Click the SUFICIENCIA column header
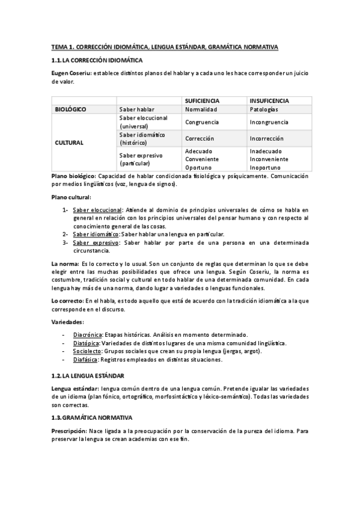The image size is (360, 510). [201, 100]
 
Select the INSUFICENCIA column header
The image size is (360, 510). [269, 100]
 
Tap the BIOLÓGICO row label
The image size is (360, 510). [70, 109]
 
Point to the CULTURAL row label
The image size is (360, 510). [69, 143]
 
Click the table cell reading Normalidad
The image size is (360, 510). [201, 109]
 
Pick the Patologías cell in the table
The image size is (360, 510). [264, 109]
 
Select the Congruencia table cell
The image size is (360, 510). [202, 121]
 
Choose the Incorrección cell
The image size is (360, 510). [267, 138]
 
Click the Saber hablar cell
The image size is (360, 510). [136, 109]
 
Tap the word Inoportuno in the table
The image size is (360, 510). [267, 167]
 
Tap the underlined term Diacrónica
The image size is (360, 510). [88, 334]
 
